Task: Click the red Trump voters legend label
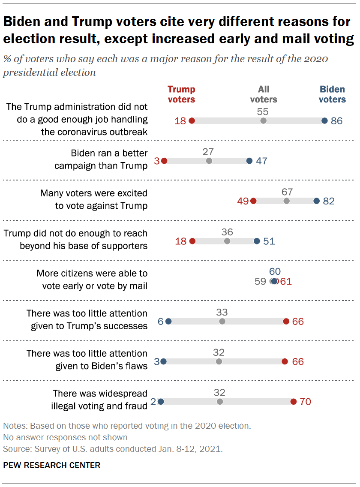(181, 94)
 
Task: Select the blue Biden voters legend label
(333, 94)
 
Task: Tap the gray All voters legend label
(264, 94)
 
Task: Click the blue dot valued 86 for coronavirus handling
(324, 121)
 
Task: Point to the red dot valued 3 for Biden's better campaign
(164, 161)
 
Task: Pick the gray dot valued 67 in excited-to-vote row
(286, 201)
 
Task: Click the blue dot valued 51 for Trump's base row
(256, 241)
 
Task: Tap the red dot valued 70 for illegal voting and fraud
(293, 402)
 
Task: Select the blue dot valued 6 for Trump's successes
(168, 322)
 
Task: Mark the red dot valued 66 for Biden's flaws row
(285, 362)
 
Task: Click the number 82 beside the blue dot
(329, 201)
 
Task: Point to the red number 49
(243, 201)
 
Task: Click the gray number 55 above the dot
(263, 111)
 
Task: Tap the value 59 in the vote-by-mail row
(261, 282)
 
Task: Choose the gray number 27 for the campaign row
(209, 152)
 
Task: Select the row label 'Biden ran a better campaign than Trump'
(101, 159)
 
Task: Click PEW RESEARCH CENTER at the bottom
(52, 466)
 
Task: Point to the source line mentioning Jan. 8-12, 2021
(112, 449)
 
